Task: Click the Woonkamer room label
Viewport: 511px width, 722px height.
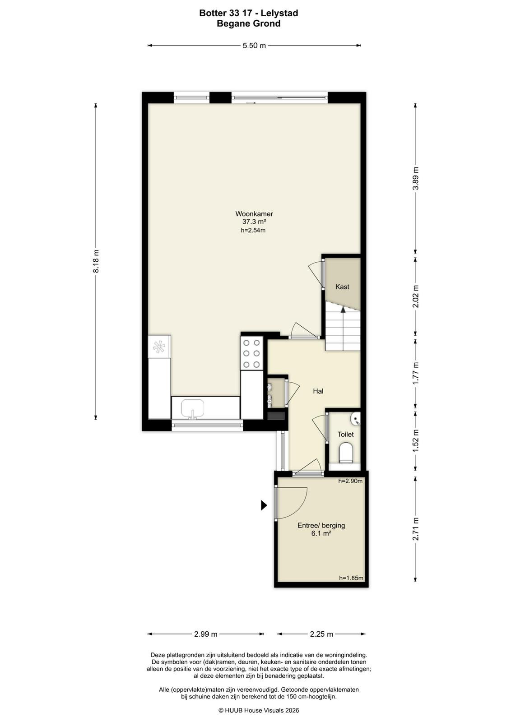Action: pyautogui.click(x=254, y=213)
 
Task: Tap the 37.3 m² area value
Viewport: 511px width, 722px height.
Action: pyautogui.click(x=254, y=222)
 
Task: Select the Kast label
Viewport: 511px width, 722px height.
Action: pyautogui.click(x=342, y=287)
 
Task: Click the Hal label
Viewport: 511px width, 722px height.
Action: pyautogui.click(x=318, y=391)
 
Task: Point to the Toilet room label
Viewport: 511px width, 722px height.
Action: pyautogui.click(x=345, y=434)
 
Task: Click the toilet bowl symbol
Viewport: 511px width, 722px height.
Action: pyautogui.click(x=346, y=453)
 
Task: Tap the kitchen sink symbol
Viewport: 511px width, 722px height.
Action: pyautogui.click(x=192, y=409)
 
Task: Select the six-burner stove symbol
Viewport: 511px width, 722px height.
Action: pyautogui.click(x=251, y=354)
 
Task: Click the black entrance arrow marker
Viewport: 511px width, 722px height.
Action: pyautogui.click(x=264, y=505)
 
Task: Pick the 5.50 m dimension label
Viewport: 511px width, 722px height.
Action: pyautogui.click(x=254, y=46)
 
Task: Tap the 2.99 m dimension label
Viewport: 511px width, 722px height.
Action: pyautogui.click(x=206, y=634)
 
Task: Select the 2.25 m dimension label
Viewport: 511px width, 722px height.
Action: pyautogui.click(x=321, y=634)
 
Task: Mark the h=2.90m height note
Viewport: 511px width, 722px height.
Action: pyautogui.click(x=350, y=481)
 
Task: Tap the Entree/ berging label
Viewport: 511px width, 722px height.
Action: pyautogui.click(x=321, y=525)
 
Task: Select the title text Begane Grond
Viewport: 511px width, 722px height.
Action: pyautogui.click(x=249, y=23)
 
